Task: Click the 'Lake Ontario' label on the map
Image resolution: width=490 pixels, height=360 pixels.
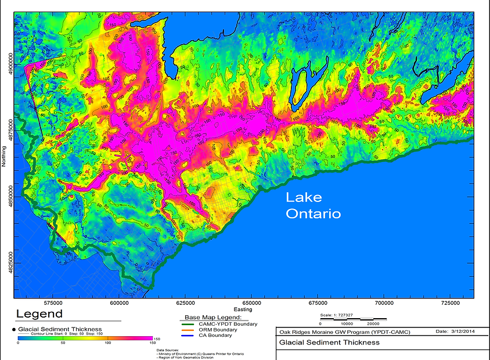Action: (313, 206)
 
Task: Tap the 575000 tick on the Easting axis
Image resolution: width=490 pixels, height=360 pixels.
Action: (53, 303)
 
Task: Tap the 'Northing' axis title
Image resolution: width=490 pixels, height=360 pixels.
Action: (3, 155)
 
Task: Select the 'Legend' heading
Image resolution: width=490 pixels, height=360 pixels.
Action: (39, 314)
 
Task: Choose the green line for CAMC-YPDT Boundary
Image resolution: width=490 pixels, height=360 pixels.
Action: (189, 324)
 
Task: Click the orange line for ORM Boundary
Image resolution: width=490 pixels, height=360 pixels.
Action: (189, 330)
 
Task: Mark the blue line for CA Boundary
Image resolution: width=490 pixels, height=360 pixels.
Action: (189, 335)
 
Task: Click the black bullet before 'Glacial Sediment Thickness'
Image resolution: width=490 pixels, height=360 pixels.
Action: (13, 329)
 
